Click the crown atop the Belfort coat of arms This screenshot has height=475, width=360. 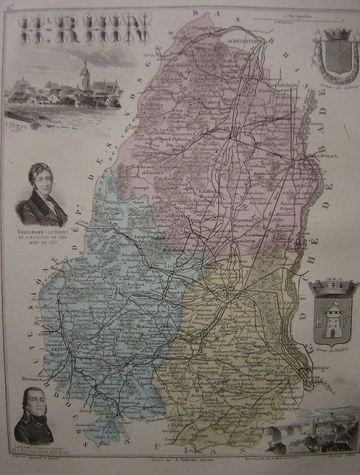(334, 286)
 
